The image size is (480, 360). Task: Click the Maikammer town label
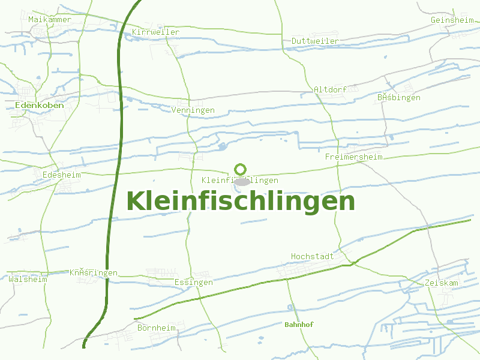pos(50,20)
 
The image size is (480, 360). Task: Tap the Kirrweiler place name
pos(155,32)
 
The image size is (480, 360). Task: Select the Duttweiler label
pos(315,41)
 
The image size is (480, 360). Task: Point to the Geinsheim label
pos(452,20)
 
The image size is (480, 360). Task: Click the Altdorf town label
pos(330,89)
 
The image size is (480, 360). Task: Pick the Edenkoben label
pos(39,105)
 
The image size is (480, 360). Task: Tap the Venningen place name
pos(193,110)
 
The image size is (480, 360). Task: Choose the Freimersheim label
pos(353,157)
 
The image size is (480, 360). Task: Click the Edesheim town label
pos(62,175)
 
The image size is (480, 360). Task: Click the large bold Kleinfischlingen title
pos(241,201)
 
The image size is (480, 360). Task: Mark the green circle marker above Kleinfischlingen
pos(241,169)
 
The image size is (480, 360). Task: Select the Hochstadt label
pos(312,256)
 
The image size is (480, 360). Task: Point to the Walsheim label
pos(28,279)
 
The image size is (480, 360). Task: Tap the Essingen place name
pos(193,282)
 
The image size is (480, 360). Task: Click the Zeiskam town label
pos(441,283)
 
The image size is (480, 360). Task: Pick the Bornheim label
pos(157,328)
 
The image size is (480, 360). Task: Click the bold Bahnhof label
pos(299,325)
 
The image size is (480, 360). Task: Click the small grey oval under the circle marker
pos(241,181)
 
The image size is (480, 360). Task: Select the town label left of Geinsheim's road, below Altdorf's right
pos(399,97)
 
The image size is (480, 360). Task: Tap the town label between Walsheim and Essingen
pos(94,273)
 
